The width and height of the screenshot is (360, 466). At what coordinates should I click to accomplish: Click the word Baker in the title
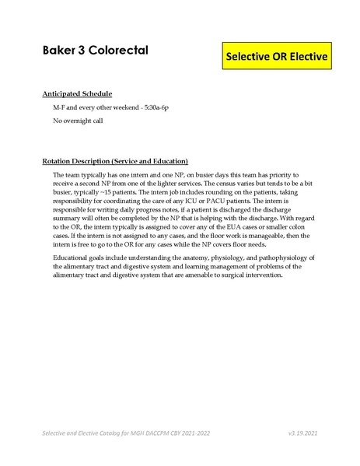[59, 51]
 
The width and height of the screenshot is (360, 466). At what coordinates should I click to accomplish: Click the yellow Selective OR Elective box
[276, 57]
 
